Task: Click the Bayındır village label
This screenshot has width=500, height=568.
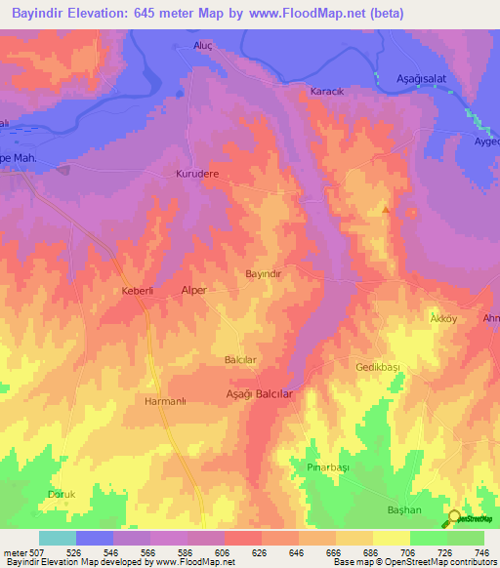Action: pos(264,275)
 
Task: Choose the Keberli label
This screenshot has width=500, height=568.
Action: pos(138,292)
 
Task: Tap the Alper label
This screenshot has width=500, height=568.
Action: pos(195,291)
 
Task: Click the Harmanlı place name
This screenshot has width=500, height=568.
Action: pos(164,401)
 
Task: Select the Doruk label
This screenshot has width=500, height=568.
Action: pos(62,495)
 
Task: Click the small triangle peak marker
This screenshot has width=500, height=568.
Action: pos(387,210)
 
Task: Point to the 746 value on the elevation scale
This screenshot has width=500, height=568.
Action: pos(479,551)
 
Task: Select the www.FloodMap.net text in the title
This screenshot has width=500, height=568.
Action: pos(303,14)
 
